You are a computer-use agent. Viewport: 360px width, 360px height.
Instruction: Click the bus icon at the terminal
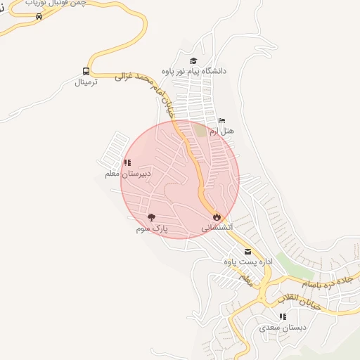point(86,71)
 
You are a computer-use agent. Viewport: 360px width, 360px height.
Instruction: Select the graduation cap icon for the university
point(193,61)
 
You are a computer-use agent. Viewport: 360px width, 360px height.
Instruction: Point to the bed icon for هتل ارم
point(222,121)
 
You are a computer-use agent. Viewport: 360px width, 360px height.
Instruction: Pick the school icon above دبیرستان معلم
point(127,163)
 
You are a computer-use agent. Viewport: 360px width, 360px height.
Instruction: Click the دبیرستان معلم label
point(127,174)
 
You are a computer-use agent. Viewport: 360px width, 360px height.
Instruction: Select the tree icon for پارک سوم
point(152,218)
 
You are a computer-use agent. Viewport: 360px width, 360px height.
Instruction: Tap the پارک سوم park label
point(153,229)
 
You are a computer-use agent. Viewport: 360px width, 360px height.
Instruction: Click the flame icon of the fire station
point(217,217)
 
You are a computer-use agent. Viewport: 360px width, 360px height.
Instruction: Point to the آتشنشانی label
point(217,228)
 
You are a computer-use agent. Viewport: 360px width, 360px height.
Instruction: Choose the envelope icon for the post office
point(247,251)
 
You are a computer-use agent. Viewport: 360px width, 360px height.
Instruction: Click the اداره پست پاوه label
point(247,262)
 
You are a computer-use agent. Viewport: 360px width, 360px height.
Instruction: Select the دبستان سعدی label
point(282,327)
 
